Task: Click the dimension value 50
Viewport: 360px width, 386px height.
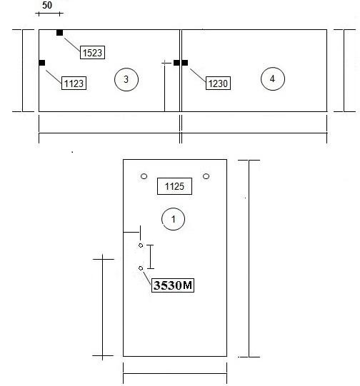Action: pyautogui.click(x=47, y=5)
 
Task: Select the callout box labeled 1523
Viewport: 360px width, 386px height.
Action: pyautogui.click(x=92, y=52)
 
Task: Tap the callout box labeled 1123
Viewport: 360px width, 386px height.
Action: pyautogui.click(x=74, y=83)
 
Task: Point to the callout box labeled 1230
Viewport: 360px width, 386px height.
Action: pyautogui.click(x=218, y=83)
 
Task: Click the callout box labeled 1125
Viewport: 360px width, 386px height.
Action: pyautogui.click(x=174, y=186)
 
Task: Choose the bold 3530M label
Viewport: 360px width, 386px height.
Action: pyautogui.click(x=173, y=285)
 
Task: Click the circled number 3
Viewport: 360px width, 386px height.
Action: pyautogui.click(x=126, y=79)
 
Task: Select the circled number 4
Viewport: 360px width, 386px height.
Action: pyautogui.click(x=273, y=78)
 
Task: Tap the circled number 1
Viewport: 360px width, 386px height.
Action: pyautogui.click(x=174, y=219)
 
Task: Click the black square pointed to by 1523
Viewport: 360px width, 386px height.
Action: pyautogui.click(x=59, y=33)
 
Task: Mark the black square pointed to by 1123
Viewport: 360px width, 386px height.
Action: pyautogui.click(x=42, y=63)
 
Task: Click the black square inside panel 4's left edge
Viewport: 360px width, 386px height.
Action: pyautogui.click(x=185, y=63)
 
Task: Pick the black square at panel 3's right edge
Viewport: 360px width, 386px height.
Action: pyautogui.click(x=176, y=63)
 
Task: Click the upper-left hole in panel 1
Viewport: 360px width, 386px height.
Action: pyautogui.click(x=144, y=176)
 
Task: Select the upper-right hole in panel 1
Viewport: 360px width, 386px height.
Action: pyautogui.click(x=206, y=176)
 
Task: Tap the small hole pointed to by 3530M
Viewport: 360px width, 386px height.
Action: pyautogui.click(x=141, y=268)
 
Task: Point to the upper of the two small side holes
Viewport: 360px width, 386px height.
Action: pyautogui.click(x=141, y=245)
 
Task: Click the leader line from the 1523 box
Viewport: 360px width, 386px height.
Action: pyautogui.click(x=72, y=44)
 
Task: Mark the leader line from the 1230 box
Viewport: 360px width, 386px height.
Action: pyautogui.click(x=198, y=75)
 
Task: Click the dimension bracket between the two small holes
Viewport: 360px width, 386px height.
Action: pyautogui.click(x=150, y=257)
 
